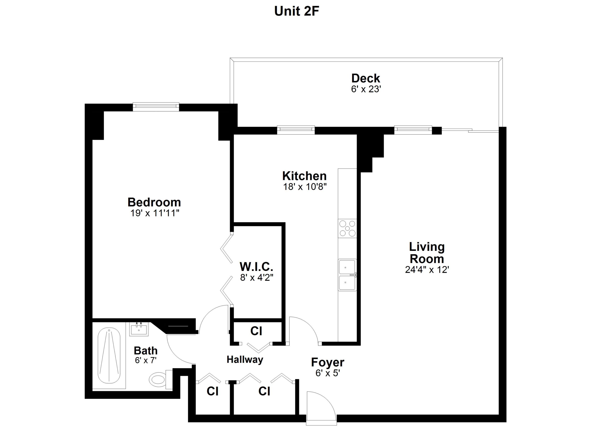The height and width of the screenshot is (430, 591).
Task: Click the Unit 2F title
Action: tap(297, 11)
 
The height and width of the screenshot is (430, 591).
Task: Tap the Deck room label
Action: tap(366, 78)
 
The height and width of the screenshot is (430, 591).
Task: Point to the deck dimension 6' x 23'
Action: tap(366, 89)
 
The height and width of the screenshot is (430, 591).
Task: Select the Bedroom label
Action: tap(154, 202)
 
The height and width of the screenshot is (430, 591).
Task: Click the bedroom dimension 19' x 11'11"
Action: tap(155, 213)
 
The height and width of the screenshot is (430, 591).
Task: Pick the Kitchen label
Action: tap(304, 176)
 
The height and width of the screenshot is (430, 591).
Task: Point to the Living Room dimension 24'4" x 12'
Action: tap(427, 270)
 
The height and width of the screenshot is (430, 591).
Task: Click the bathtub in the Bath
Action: tap(109, 355)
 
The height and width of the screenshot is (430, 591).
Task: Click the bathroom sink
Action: tap(139, 329)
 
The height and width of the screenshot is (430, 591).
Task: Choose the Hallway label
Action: tap(245, 360)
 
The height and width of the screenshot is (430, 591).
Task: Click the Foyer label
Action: tap(328, 362)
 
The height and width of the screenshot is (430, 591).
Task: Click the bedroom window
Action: tap(156, 107)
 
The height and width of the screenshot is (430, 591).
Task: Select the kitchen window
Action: tap(296, 130)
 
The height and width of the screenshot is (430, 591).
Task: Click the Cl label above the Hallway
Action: tap(256, 331)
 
